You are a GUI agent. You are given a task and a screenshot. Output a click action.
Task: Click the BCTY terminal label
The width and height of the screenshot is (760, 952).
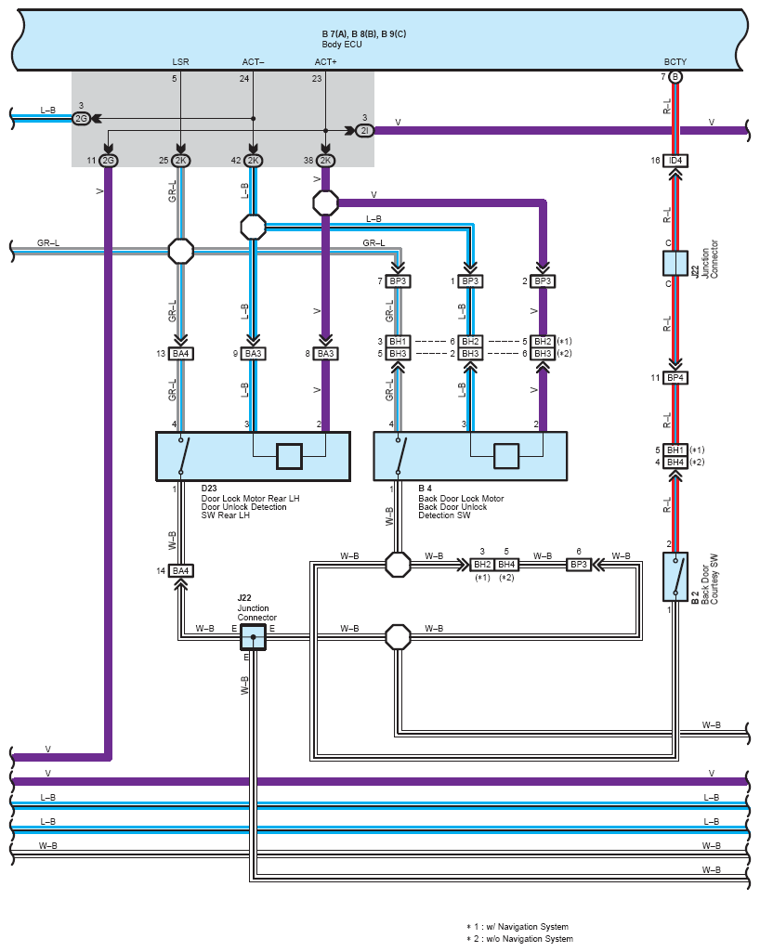(675, 62)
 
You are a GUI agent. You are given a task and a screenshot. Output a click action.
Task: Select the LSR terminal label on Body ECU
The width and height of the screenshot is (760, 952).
(180, 62)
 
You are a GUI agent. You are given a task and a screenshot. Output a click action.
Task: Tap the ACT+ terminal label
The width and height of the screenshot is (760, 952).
(325, 62)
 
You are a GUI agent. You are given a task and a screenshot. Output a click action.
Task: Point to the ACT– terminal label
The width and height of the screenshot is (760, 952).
(253, 62)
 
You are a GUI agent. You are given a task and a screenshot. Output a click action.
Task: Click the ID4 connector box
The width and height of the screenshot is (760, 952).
(675, 161)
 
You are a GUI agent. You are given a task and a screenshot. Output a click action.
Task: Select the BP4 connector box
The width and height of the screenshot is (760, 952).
(675, 378)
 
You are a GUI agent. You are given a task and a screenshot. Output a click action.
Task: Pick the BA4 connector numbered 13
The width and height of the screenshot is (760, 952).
(180, 354)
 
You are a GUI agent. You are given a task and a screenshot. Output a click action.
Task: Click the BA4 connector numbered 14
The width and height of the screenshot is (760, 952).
(180, 570)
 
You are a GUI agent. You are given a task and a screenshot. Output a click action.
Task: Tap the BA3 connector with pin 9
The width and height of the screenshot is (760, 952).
(253, 354)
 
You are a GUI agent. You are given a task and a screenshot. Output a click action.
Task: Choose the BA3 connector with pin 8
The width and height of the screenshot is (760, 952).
(325, 354)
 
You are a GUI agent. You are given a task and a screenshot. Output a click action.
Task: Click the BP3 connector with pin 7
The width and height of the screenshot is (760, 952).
(398, 280)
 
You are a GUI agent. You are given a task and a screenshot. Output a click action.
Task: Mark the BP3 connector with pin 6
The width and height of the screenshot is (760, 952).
(579, 564)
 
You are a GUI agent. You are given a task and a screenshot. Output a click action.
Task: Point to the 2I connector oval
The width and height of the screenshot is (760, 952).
(363, 131)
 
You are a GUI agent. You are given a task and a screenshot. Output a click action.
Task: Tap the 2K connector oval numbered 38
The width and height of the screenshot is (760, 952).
(325, 161)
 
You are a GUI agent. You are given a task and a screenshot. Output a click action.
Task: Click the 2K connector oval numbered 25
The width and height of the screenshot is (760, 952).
(180, 161)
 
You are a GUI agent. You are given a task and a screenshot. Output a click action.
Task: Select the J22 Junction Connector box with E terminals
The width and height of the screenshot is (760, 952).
(253, 636)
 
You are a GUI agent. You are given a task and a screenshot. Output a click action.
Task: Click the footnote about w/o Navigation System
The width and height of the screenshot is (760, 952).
(519, 939)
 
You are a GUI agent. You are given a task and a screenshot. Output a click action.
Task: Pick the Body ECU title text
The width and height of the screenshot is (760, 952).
(342, 44)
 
